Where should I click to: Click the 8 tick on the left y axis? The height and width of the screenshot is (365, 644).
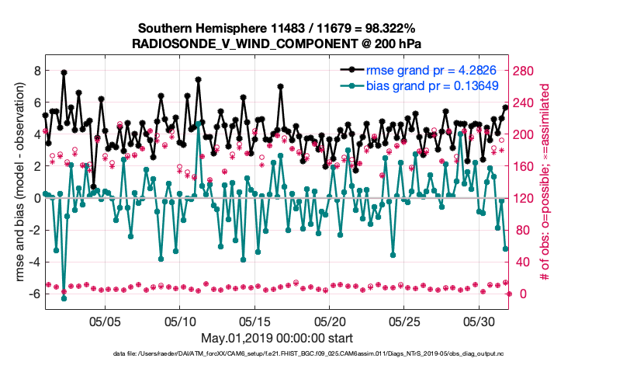pyautogui.click(x=36, y=70)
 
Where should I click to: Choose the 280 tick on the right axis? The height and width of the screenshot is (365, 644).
pyautogui.click(x=527, y=70)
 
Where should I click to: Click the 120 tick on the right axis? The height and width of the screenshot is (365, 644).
pyautogui.click(x=527, y=198)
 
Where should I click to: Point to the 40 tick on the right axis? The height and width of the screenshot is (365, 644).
pyautogui.click(x=524, y=262)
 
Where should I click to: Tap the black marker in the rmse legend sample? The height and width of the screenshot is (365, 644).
pyautogui.click(x=352, y=71)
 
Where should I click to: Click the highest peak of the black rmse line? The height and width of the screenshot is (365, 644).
pyautogui.click(x=64, y=72)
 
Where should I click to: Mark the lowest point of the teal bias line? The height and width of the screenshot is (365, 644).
pyautogui.click(x=64, y=298)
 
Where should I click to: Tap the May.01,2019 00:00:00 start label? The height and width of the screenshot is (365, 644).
pyautogui.click(x=277, y=338)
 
